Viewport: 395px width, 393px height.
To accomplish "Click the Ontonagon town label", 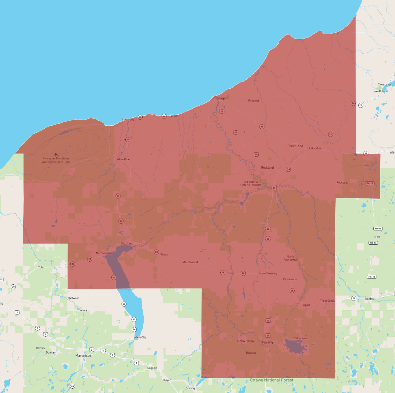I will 220,98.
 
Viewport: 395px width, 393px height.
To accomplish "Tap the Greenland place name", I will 295,146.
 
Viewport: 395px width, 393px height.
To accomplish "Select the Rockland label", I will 267,168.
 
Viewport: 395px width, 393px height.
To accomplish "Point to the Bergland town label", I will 127,244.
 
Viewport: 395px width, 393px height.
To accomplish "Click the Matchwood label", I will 190,262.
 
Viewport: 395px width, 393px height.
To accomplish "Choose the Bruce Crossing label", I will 268,273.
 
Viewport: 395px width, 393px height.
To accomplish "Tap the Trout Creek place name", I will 327,301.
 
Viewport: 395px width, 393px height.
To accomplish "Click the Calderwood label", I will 301,338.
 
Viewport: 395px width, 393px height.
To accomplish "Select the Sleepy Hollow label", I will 246,341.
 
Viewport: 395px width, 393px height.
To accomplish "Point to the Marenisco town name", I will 83,356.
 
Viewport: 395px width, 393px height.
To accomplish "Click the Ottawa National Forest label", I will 271,380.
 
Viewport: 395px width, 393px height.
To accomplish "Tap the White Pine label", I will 123,159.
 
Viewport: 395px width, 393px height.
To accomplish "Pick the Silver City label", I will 128,120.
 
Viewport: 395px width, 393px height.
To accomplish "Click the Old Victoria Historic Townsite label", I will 251,183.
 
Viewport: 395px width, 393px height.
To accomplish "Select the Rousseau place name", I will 342,183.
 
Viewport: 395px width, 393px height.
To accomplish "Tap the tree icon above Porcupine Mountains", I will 56,155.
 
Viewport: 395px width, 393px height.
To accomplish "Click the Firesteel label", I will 253,101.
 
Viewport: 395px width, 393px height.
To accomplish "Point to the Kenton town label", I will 370,299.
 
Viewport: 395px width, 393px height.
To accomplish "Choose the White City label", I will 140,337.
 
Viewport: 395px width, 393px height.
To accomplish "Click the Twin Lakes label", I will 385,85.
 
